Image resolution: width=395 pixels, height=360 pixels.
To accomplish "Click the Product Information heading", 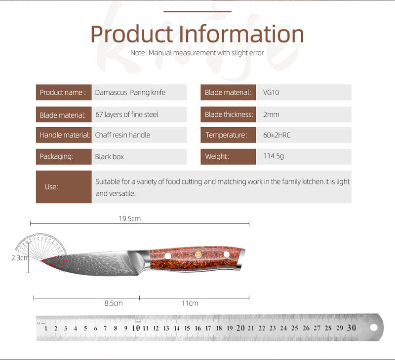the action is [197, 34].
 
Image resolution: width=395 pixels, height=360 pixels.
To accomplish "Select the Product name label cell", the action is [64, 92].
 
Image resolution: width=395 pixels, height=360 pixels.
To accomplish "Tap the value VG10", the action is [271, 92].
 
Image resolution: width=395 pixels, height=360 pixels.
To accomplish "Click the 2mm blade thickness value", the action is [271, 114].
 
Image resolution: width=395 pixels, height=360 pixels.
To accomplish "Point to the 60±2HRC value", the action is [277, 135].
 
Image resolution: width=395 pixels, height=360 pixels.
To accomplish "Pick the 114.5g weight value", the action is [274, 156].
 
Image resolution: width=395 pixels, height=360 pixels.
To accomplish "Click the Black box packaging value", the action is [109, 157].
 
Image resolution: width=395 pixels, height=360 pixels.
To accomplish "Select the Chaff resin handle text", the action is [122, 135].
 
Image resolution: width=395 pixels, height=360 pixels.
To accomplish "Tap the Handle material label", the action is [65, 135].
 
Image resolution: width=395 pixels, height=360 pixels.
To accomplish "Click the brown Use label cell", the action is [64, 187].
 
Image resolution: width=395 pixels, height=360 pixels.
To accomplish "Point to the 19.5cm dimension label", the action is [130, 218].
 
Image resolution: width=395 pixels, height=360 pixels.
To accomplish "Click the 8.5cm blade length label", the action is [114, 303].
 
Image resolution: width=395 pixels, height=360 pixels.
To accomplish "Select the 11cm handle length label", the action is [190, 303].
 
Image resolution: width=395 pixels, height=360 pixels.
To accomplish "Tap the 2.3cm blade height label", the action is [20, 258].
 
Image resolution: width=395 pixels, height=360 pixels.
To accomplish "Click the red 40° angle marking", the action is [61, 263].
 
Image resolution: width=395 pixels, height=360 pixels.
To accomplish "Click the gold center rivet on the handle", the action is [198, 255].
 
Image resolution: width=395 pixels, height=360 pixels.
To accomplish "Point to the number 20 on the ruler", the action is [240, 328].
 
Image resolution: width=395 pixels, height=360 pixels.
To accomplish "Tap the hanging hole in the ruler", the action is [374, 327].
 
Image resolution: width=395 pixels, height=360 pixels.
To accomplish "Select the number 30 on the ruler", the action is [352, 327].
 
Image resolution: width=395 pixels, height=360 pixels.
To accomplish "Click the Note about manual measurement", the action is [197, 53].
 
